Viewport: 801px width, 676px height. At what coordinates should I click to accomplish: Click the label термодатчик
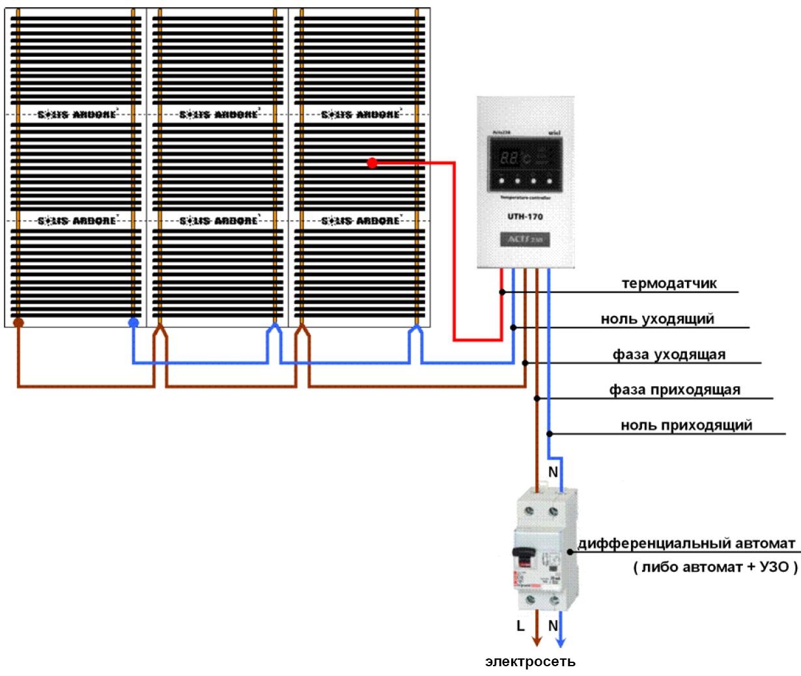[x=669, y=284]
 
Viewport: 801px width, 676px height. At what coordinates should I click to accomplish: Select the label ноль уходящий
[x=658, y=319]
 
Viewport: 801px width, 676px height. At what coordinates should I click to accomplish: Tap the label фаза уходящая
[x=669, y=355]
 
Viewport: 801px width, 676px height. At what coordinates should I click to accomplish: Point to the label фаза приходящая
[x=675, y=390]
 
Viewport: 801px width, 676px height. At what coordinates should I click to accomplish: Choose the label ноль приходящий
[x=686, y=425]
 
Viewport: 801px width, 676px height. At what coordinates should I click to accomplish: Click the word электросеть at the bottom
[x=531, y=662]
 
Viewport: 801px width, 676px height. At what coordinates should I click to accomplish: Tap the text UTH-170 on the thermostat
[x=525, y=216]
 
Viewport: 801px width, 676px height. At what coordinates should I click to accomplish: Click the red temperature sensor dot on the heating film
[x=372, y=163]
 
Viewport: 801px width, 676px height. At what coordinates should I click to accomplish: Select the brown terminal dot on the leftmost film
[x=18, y=322]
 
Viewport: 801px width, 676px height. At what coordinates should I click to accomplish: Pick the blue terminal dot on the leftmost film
[x=133, y=322]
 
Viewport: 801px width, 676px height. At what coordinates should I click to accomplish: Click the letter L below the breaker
[x=520, y=627]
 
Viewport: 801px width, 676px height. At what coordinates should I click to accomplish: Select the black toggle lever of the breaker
[x=522, y=554]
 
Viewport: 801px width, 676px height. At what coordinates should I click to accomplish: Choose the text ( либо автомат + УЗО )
[x=714, y=567]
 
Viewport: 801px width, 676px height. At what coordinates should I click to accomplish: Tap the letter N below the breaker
[x=553, y=627]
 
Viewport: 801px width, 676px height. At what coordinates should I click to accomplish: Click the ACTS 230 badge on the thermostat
[x=525, y=240]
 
